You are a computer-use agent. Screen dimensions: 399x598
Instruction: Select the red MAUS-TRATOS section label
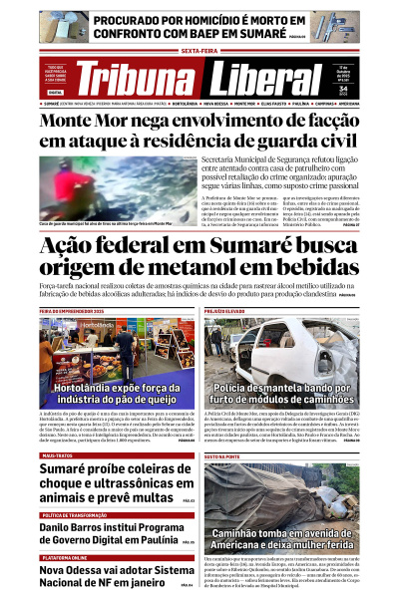(57, 428)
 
